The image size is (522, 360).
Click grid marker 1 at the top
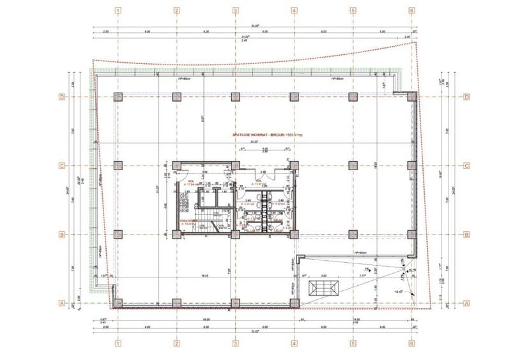pyautogui.click(x=118, y=11)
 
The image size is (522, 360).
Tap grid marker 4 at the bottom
pyautogui.click(x=294, y=343)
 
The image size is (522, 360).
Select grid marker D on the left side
pyautogui.click(x=63, y=97)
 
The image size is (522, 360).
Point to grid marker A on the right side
pyautogui.click(x=467, y=303)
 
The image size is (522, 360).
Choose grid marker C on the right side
pyautogui.click(x=467, y=166)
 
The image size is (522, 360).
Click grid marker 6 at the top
pyautogui.click(x=411, y=11)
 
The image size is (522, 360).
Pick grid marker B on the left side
pyautogui.click(x=63, y=234)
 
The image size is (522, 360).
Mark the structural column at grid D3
pyautogui.click(x=235, y=97)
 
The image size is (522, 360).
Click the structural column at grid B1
pyautogui.click(x=118, y=234)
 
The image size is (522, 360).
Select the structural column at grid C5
pyautogui.click(x=353, y=166)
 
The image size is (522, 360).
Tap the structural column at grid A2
pyautogui.click(x=176, y=303)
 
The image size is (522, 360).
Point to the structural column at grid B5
pyautogui.click(x=353, y=234)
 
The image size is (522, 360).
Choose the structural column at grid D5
pyautogui.click(x=353, y=97)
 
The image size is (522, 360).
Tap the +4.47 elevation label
pyautogui.click(x=400, y=292)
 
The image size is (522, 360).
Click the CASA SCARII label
pyautogui.click(x=191, y=221)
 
